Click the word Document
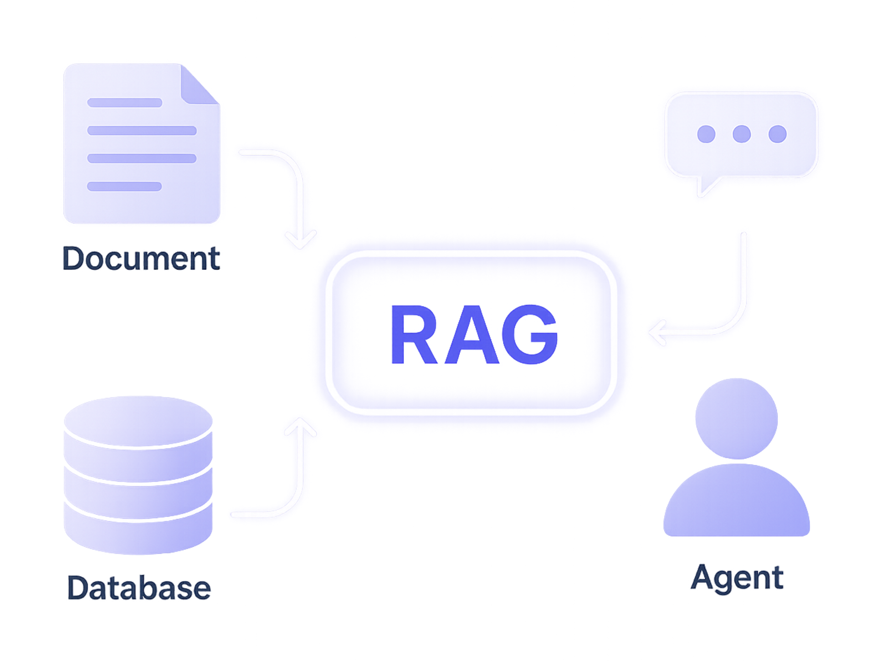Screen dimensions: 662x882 coord(141,259)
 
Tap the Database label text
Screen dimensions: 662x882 coord(139,588)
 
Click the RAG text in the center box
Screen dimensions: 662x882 coord(474,334)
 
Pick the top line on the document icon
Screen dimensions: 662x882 coord(124,102)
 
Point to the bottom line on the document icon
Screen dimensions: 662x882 coord(124,186)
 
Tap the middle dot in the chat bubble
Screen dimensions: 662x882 coord(741,134)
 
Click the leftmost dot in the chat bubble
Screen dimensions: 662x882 coord(706,134)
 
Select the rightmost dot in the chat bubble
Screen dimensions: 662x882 coord(777,134)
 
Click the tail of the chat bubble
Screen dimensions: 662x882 coord(706,185)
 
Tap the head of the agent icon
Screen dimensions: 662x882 coord(736,418)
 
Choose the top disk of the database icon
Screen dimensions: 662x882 coord(138,421)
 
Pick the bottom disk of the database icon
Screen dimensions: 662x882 coord(138,530)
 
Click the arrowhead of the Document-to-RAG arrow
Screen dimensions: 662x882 coord(300,241)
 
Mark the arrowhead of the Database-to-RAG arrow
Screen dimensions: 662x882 coord(300,426)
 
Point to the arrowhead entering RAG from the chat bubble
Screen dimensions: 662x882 coord(656,332)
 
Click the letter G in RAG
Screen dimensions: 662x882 coord(530,335)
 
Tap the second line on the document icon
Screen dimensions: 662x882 coord(142,131)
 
